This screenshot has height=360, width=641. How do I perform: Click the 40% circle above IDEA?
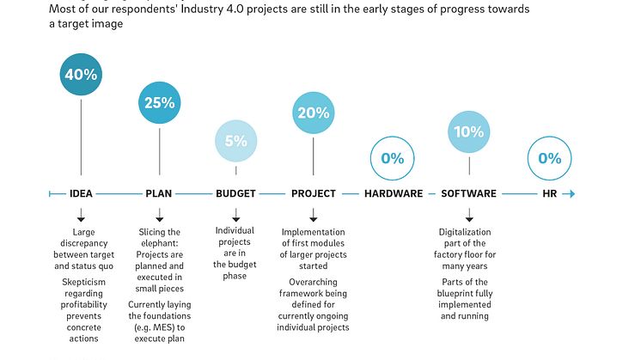80,75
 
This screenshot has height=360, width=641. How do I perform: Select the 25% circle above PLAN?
159,103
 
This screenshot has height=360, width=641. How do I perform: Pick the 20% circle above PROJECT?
313,113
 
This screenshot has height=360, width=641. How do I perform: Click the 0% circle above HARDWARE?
392,158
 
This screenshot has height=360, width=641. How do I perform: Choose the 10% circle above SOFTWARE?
469,131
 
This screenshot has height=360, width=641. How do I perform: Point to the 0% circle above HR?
549,158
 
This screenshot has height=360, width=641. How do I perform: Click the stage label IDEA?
81,193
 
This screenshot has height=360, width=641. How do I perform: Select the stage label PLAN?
159,193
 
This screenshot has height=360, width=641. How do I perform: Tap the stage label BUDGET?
235,193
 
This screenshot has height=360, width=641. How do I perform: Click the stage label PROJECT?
313,193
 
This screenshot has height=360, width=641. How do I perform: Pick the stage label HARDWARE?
394,193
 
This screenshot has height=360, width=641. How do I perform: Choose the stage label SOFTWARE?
468,193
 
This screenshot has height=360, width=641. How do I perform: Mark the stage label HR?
550,193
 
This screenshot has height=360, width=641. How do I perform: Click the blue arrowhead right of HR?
570,193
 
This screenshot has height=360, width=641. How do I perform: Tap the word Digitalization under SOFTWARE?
465,232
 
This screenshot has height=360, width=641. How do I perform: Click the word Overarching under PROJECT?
313,281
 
